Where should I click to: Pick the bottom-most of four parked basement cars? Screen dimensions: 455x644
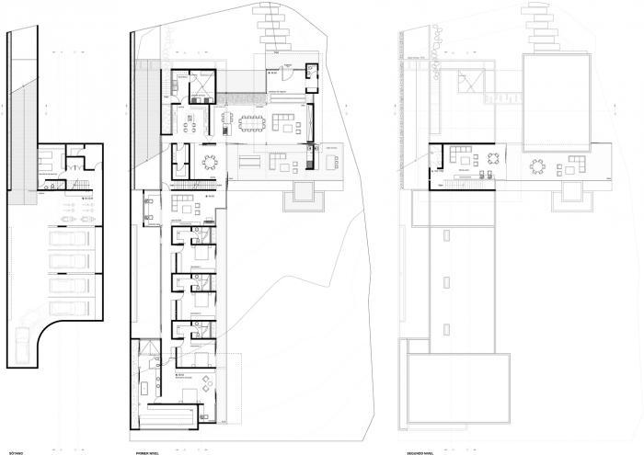pos(64,306)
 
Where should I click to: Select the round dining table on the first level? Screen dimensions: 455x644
pos(211,163)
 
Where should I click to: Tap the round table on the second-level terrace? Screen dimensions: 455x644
pos(536,166)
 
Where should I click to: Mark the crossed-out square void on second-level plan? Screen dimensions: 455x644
pos(470,84)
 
